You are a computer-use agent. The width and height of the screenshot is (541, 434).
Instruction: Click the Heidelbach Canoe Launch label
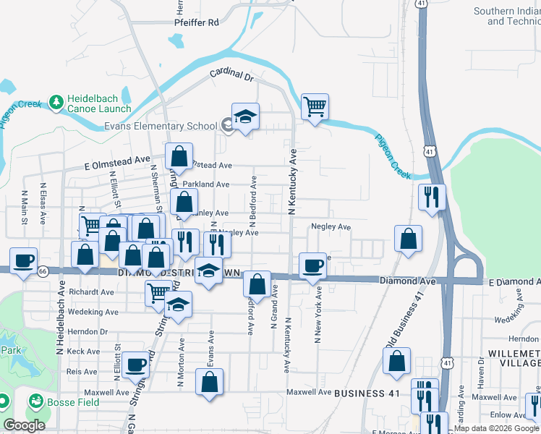[x=99, y=104]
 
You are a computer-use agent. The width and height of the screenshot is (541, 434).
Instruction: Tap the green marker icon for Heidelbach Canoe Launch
[x=56, y=104]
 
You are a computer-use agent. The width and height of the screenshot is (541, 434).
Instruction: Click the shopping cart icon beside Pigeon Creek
[x=315, y=107]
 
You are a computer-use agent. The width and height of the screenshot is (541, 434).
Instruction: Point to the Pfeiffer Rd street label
[x=196, y=22]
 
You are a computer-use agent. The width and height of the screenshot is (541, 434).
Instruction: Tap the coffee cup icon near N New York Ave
[x=312, y=265]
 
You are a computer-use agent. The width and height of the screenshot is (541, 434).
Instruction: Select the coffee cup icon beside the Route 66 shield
[x=23, y=260]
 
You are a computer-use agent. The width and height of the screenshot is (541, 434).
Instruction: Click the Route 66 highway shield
[x=43, y=271]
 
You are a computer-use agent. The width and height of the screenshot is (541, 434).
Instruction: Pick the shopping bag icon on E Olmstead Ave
[x=178, y=156]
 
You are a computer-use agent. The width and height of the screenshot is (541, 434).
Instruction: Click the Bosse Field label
[x=64, y=401]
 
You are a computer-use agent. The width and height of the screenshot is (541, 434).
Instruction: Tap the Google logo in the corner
[x=25, y=425]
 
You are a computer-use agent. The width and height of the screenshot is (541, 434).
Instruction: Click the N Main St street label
[x=25, y=208]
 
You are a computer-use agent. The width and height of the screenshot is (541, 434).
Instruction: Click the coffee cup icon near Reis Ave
[x=135, y=364]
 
